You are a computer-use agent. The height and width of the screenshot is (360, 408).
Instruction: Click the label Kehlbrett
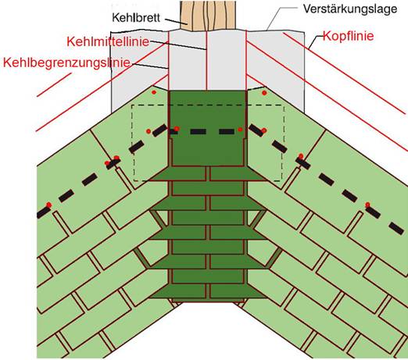[x=136, y=18]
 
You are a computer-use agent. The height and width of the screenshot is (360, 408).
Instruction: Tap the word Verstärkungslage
[x=350, y=9]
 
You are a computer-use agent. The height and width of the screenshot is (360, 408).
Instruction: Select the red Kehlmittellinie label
[x=108, y=41]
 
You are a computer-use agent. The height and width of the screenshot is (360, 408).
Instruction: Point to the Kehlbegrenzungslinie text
[x=66, y=62]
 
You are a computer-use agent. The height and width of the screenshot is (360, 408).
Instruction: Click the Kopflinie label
[x=349, y=36]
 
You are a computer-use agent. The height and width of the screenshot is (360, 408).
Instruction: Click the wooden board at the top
[x=208, y=16]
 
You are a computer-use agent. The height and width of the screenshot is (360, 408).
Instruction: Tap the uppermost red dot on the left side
[x=154, y=92]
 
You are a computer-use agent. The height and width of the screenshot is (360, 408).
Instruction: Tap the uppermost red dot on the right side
[x=264, y=93]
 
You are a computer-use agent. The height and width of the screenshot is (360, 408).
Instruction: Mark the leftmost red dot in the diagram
[x=48, y=205]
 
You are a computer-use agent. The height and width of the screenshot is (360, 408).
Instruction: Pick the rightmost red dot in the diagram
[x=367, y=205]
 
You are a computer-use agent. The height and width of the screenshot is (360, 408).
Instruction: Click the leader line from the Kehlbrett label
[x=176, y=21]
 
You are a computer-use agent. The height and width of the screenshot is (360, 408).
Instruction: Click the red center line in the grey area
[x=206, y=60]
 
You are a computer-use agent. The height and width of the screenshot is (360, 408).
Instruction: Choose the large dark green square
[x=207, y=128]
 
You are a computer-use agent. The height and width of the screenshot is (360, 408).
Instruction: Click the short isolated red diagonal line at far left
[x=54, y=85]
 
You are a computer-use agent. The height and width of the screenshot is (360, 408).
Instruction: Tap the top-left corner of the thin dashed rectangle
[x=132, y=105]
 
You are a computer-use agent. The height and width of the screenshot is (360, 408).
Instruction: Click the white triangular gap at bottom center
[x=208, y=330]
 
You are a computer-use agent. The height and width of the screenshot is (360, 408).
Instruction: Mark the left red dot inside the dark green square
[x=177, y=129]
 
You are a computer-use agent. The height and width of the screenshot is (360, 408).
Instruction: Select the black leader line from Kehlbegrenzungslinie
[x=149, y=66]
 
